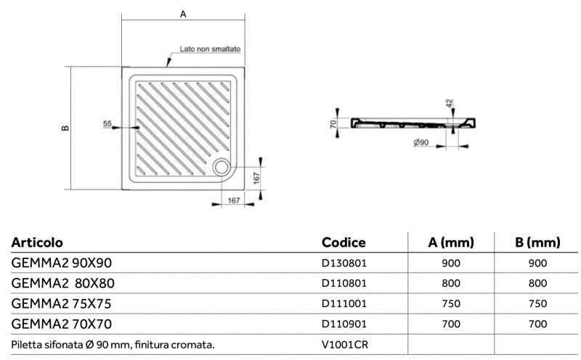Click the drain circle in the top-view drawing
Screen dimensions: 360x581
222,167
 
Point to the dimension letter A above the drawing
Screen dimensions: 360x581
183,13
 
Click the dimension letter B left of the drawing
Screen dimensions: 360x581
65,128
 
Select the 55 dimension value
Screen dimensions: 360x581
107,124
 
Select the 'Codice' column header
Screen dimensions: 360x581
343,242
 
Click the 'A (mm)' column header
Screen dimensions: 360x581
451,242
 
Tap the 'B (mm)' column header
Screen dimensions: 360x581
538,242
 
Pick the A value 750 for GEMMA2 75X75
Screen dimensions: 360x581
451,303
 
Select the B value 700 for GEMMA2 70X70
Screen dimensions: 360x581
538,324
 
